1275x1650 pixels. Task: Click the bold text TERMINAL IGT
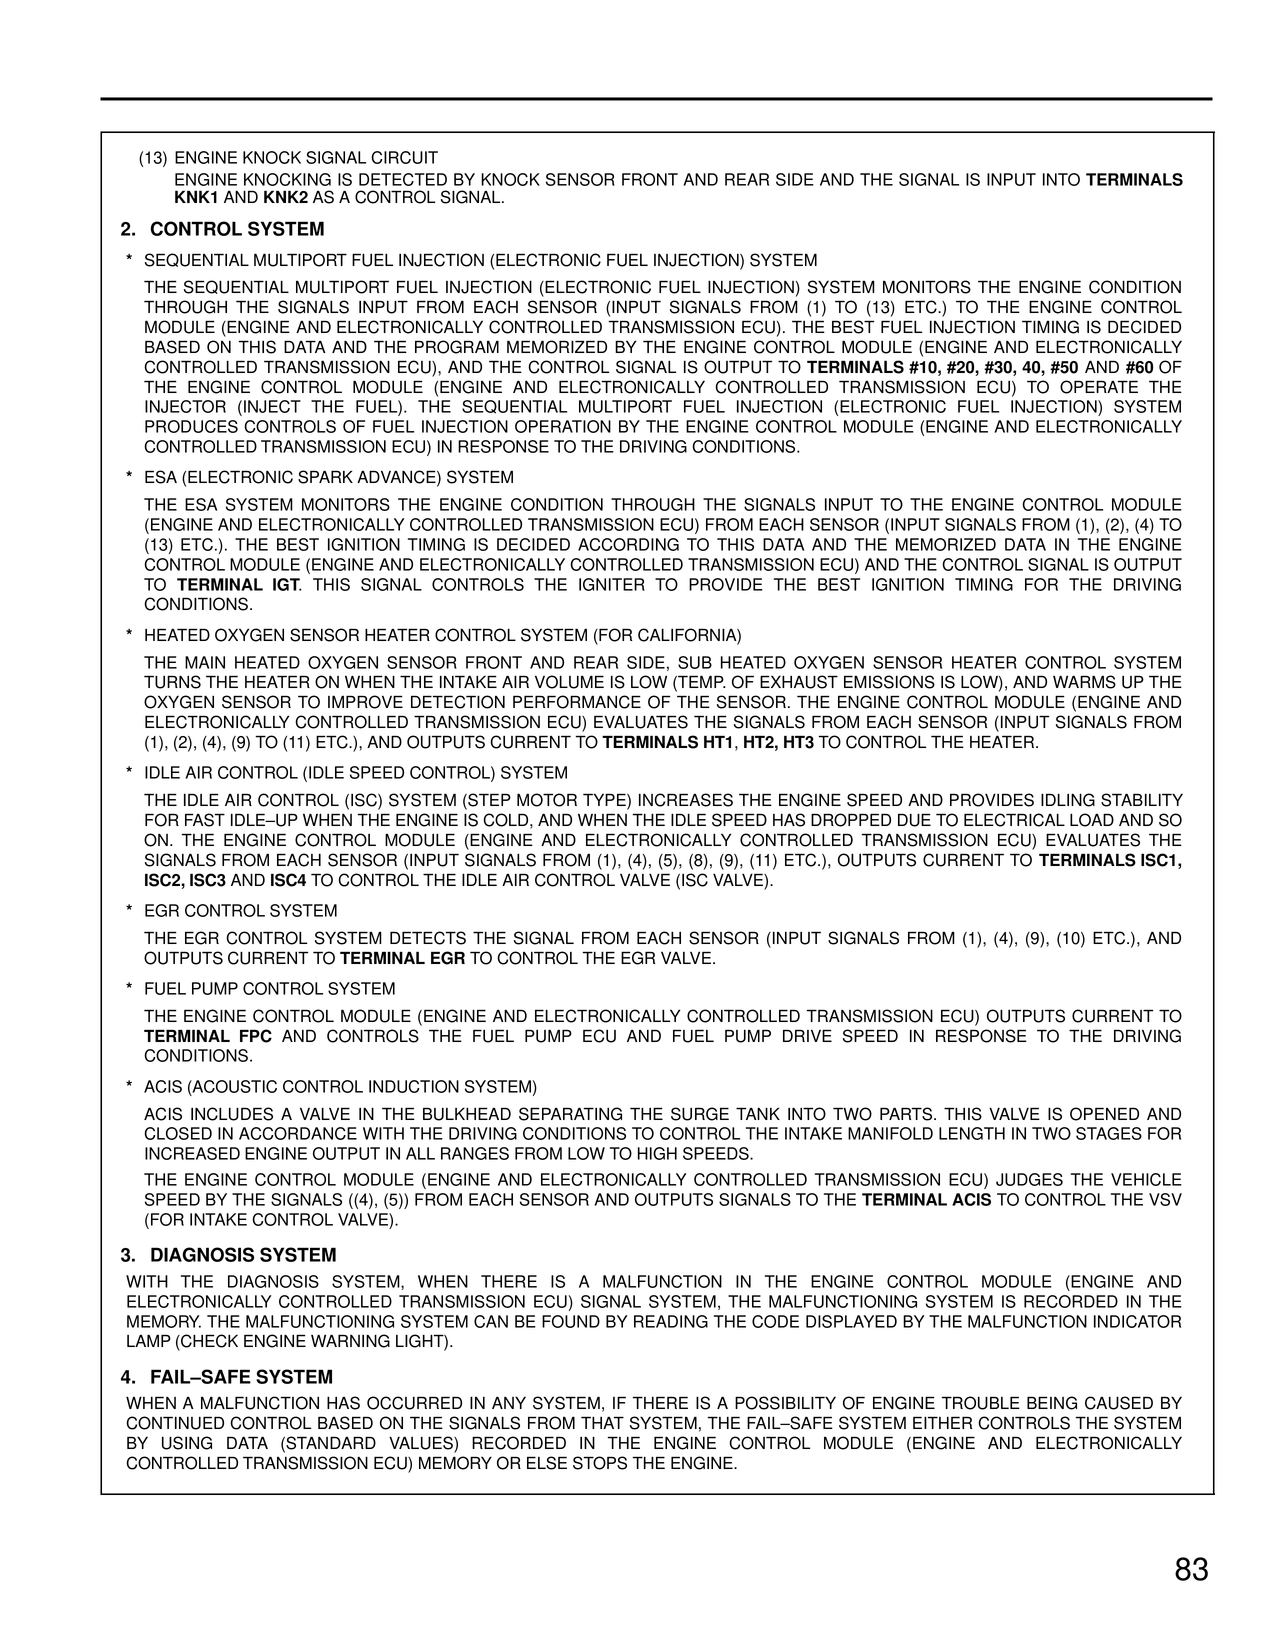[x=238, y=585]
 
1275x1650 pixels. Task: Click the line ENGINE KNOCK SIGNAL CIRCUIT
[x=306, y=158]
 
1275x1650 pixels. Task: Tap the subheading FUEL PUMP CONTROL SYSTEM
[x=269, y=989]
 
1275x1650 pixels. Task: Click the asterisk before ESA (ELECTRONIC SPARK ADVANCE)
[x=129, y=478]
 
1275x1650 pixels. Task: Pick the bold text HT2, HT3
[x=778, y=742]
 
